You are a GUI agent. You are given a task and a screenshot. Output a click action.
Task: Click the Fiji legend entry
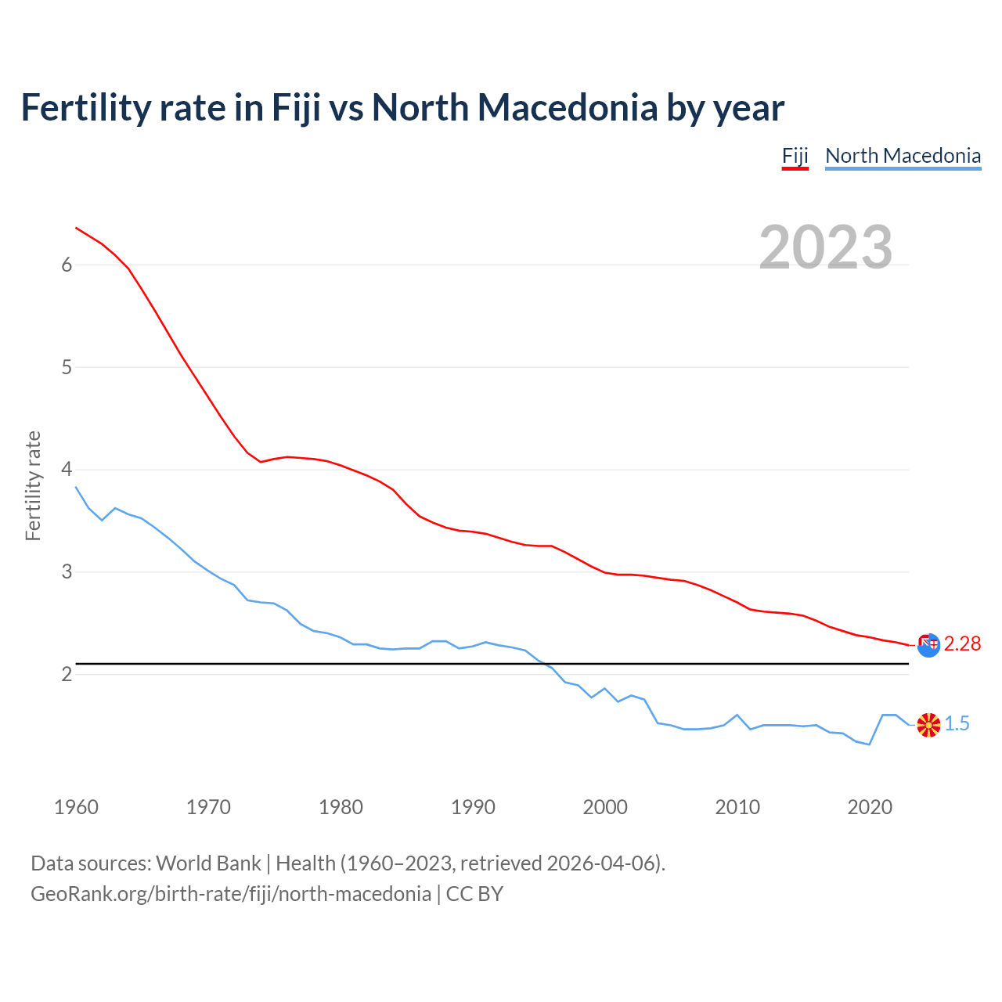point(795,156)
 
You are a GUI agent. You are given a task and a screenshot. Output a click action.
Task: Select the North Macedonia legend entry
point(903,156)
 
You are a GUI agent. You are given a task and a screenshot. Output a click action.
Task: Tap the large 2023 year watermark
point(826,247)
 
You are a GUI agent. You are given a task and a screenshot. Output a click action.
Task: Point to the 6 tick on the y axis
point(67,265)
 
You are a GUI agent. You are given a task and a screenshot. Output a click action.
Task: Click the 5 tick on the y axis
point(67,367)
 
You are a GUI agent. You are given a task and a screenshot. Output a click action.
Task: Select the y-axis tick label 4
point(67,470)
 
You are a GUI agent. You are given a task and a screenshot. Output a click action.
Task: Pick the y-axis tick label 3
point(67,572)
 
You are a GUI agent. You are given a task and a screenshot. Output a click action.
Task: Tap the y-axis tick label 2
point(67,674)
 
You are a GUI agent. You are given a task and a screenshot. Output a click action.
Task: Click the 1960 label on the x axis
point(76,807)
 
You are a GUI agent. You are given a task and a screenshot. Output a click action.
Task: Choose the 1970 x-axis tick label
point(208,807)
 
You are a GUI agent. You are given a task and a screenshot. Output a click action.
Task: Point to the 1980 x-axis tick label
point(341,807)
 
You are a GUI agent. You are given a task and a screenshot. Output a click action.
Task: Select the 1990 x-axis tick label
point(473,807)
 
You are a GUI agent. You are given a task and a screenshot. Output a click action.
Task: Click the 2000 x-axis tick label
point(605,807)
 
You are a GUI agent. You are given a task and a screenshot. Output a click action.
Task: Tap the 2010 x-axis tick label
point(737,807)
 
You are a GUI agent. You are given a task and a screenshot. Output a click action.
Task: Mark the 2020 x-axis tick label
point(870,807)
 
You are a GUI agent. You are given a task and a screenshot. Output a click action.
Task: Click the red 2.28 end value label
point(962,643)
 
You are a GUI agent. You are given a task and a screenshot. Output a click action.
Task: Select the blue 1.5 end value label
point(957,724)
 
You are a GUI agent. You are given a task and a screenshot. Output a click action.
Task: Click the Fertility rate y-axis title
point(33,485)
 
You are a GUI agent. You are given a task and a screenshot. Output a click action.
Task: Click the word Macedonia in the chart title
point(568,107)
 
